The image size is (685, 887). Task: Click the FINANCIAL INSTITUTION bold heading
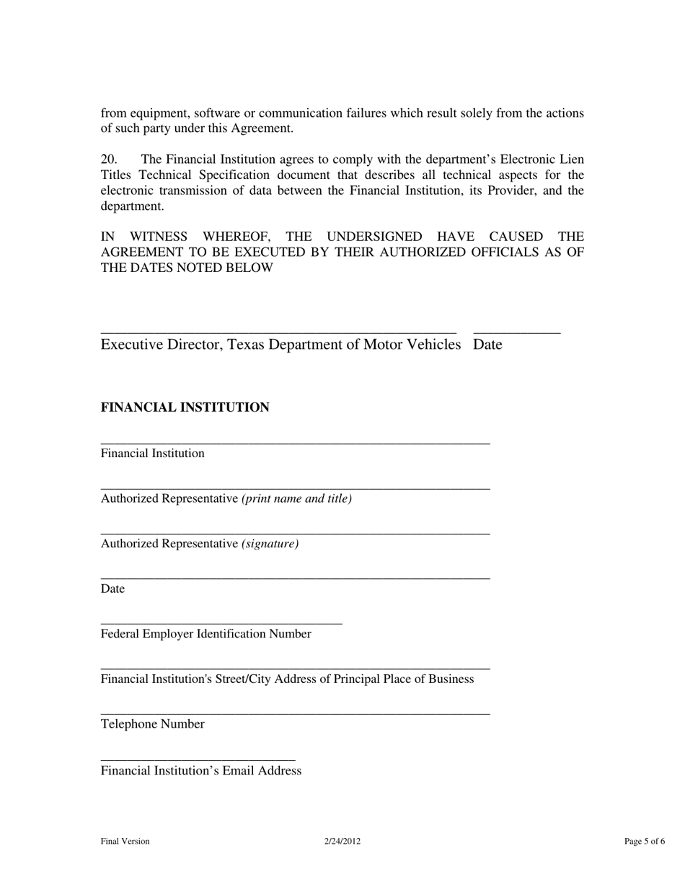click(x=185, y=407)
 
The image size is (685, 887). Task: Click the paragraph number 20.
click(x=109, y=159)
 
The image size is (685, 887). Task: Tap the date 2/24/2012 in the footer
click(x=342, y=841)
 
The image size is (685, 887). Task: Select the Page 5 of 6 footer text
click(x=645, y=841)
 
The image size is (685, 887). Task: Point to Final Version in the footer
click(x=125, y=841)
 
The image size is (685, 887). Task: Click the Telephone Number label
click(x=152, y=724)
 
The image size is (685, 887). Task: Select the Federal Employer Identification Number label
click(x=205, y=634)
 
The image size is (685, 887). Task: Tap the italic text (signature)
click(x=270, y=544)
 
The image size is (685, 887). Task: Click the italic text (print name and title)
click(x=296, y=498)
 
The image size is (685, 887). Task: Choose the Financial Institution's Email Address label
click(x=200, y=771)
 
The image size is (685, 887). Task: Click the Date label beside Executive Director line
click(x=487, y=345)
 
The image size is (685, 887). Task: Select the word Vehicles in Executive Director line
click(x=432, y=345)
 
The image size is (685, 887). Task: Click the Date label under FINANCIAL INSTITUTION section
click(x=112, y=589)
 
